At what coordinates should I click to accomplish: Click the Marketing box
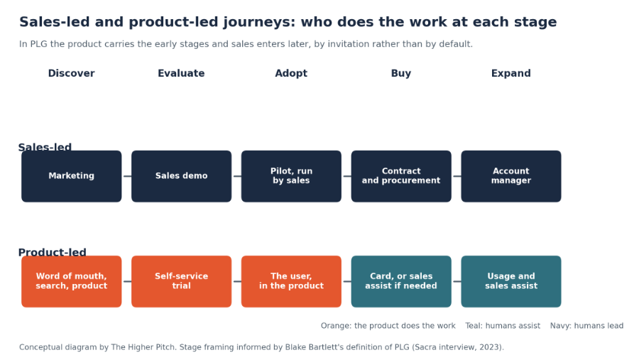(71, 176)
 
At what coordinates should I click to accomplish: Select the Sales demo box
(181, 176)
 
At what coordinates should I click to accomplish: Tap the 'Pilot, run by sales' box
(291, 176)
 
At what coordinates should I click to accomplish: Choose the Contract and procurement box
(401, 176)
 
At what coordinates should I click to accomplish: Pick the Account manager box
(511, 176)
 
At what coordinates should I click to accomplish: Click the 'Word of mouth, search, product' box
(71, 281)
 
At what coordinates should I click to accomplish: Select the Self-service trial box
(181, 281)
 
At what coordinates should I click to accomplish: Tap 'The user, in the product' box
(291, 281)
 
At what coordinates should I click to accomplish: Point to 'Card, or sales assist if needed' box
(401, 281)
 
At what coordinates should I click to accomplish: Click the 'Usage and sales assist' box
(511, 281)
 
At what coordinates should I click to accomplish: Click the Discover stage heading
(71, 73)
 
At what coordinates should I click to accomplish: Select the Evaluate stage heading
(181, 73)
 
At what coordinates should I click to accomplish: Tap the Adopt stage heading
(291, 73)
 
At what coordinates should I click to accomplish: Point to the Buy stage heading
(401, 73)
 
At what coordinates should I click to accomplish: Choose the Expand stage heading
(511, 73)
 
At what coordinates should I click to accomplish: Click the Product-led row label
(52, 252)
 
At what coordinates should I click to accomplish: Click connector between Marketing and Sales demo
(127, 176)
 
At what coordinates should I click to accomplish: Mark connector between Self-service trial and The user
(236, 281)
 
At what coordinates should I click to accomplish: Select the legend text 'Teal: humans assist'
(503, 326)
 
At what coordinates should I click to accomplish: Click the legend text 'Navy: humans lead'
(587, 326)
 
